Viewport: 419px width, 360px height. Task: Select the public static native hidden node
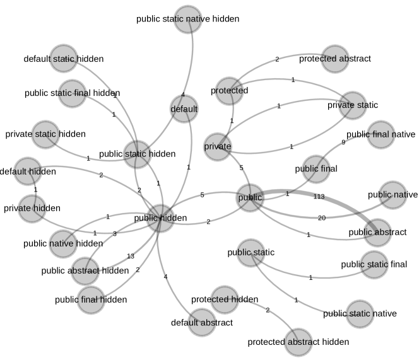(187, 19)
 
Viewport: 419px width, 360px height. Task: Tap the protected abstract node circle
(334, 59)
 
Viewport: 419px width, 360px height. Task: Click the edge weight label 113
(319, 197)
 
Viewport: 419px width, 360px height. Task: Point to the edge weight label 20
(322, 218)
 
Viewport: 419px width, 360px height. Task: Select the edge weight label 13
(131, 256)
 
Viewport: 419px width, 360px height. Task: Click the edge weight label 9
(343, 142)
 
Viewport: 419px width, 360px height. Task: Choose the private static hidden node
(45, 134)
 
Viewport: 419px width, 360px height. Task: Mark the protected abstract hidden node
(298, 342)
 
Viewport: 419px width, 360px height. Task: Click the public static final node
(374, 264)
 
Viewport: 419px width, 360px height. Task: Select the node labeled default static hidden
(63, 59)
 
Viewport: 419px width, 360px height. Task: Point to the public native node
(392, 195)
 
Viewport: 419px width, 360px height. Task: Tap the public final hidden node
(91, 299)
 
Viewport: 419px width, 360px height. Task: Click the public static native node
(360, 313)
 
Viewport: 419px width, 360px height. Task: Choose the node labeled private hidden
(32, 208)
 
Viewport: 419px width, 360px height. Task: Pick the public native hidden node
(62, 243)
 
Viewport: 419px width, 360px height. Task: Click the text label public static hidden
(137, 153)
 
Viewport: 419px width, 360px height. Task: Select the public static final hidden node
(72, 93)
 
